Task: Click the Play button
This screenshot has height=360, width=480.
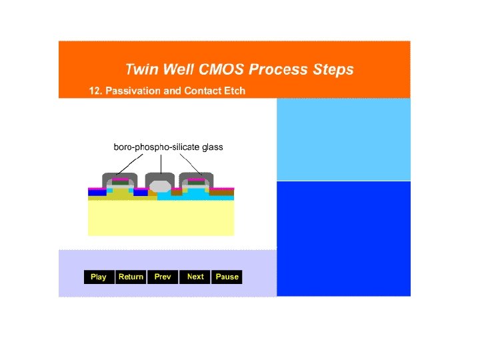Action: tap(99, 277)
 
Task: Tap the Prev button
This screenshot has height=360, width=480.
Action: tap(163, 277)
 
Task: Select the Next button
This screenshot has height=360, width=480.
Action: tap(195, 277)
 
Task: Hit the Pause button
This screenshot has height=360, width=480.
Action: tap(227, 277)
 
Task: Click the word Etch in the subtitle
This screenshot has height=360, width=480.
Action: tap(235, 91)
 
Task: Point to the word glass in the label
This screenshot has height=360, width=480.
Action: tap(210, 147)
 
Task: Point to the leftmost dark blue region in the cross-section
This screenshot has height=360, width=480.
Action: tap(97, 193)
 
